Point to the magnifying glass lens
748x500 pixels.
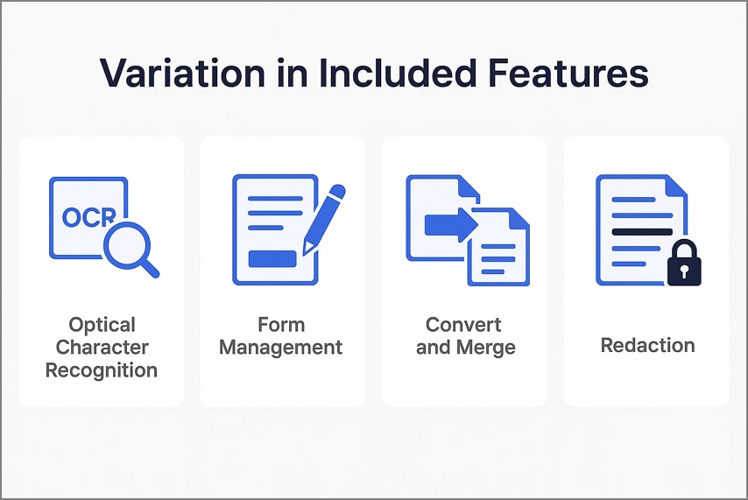pos(125,237)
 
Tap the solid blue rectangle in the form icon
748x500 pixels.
pos(272,258)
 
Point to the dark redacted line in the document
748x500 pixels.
pos(642,232)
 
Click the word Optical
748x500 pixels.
pos(102,325)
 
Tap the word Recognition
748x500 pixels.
pos(102,370)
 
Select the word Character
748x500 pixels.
pos(102,348)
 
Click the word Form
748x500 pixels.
pos(281,325)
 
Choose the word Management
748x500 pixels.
pos(281,348)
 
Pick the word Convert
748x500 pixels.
pos(463,325)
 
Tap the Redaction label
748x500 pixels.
pos(647,345)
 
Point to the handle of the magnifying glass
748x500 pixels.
pos(150,267)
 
